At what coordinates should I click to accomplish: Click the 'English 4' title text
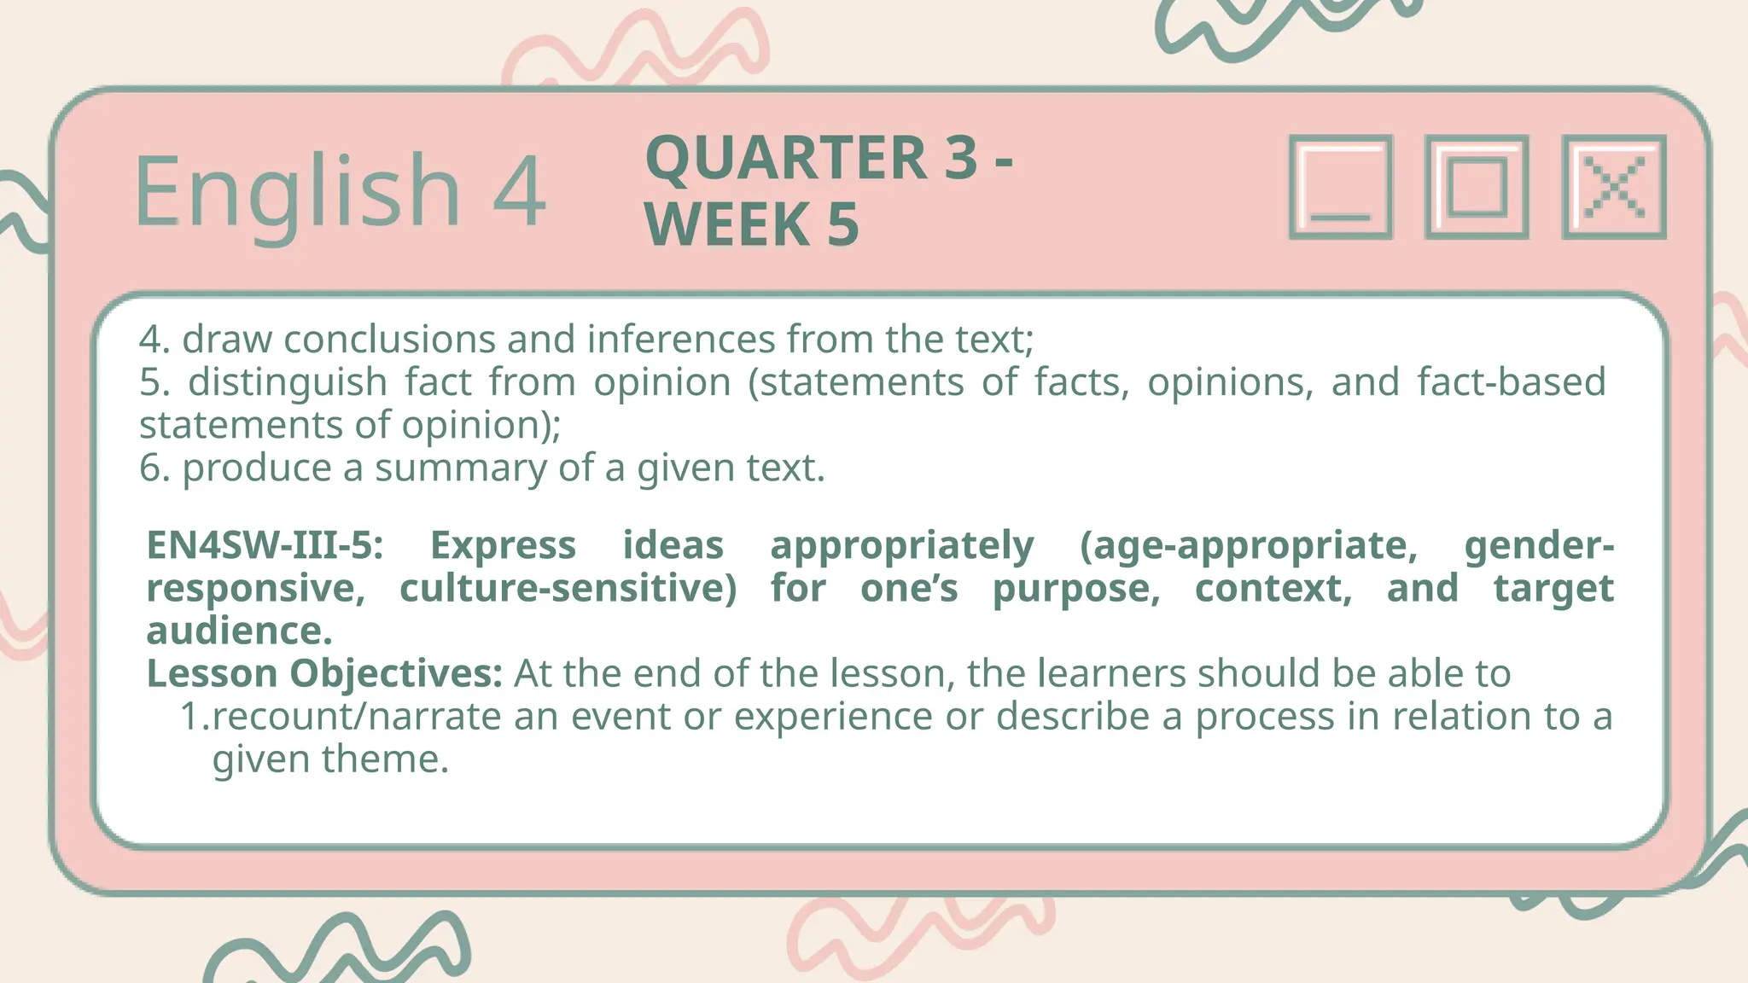(x=339, y=191)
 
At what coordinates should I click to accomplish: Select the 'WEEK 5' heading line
(x=751, y=224)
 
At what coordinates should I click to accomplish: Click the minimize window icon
(x=1340, y=187)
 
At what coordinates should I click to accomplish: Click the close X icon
(x=1613, y=187)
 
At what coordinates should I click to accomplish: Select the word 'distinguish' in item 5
(x=288, y=382)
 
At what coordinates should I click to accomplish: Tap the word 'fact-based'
(x=1511, y=382)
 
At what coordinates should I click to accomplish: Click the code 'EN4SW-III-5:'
(x=265, y=545)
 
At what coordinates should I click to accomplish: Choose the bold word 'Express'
(x=503, y=545)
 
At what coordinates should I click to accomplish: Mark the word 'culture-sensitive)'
(x=568, y=588)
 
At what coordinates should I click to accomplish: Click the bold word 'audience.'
(x=239, y=631)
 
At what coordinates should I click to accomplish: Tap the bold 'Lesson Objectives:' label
(x=324, y=673)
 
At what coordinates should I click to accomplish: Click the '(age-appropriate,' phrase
(x=1248, y=545)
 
